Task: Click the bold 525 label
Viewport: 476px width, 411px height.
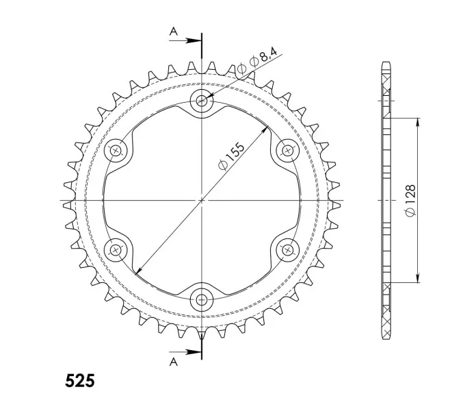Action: pos(80,381)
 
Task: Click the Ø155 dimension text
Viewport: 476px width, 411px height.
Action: pos(231,156)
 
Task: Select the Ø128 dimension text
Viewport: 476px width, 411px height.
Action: pos(410,200)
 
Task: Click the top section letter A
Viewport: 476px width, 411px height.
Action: pos(173,31)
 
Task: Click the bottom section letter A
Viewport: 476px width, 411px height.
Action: pos(173,362)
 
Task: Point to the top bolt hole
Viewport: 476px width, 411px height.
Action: pos(202,100)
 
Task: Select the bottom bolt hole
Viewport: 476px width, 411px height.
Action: pos(202,300)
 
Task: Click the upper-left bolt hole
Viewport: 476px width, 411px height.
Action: pos(116,150)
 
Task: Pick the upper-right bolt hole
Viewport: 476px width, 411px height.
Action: pos(287,150)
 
